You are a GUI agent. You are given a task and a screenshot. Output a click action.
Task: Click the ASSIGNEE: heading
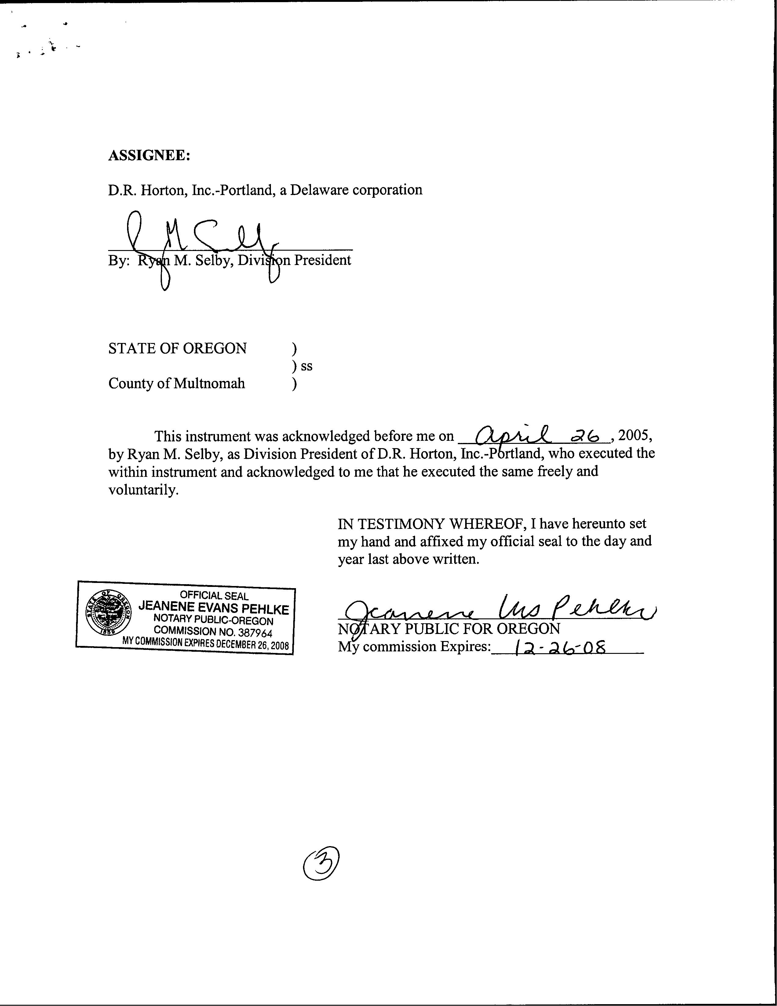149,156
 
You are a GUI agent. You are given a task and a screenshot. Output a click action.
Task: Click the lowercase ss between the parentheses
307,366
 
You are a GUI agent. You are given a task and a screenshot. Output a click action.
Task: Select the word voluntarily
143,490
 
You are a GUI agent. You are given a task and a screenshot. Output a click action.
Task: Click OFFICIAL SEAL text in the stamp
214,595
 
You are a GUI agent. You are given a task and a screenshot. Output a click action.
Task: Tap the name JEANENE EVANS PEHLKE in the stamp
214,608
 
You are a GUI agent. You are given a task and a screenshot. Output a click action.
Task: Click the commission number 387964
255,633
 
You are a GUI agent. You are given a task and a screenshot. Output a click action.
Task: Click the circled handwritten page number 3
321,864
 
